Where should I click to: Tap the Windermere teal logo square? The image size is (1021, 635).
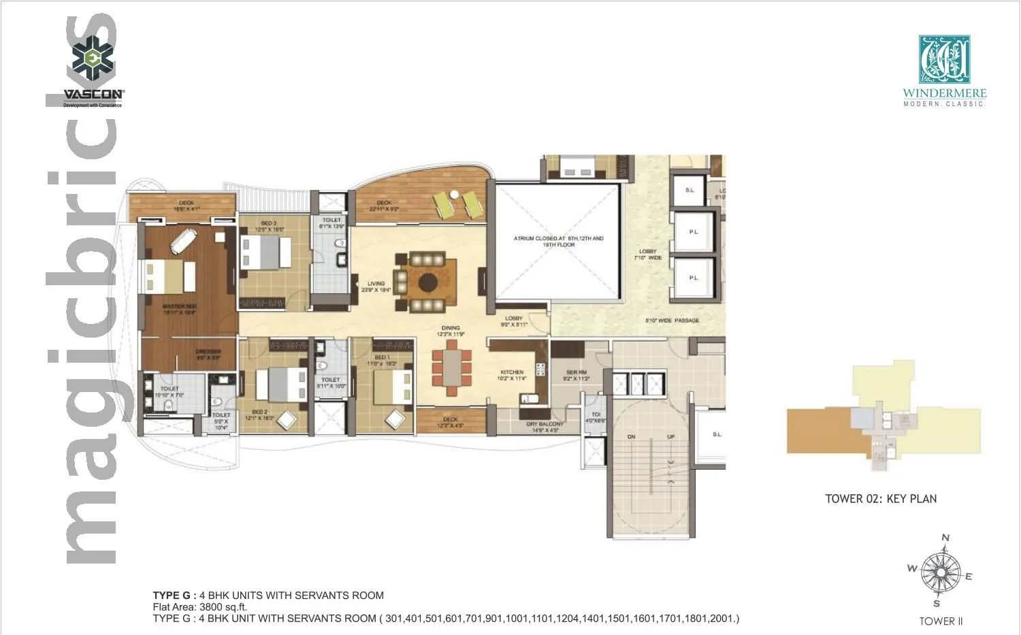[x=944, y=60]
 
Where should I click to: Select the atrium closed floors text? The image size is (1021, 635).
[x=558, y=242]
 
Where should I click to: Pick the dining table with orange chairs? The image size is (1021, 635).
[x=451, y=368]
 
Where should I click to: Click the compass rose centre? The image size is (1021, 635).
[x=941, y=572]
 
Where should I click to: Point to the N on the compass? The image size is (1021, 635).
[x=945, y=538]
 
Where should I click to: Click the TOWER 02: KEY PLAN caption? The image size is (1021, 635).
[x=881, y=499]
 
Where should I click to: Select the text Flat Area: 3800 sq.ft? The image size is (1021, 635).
[x=200, y=607]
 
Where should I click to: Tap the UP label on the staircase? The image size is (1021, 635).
[x=671, y=436]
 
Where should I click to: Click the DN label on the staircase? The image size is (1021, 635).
[x=631, y=436]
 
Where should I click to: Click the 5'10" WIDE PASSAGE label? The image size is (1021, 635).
[x=672, y=321]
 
